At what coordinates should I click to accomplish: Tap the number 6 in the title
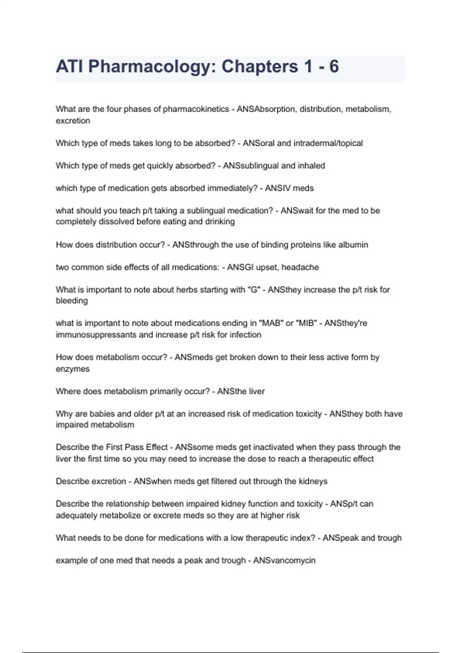coord(334,67)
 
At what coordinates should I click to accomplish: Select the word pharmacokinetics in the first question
coord(196,109)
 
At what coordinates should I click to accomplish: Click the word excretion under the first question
coord(73,121)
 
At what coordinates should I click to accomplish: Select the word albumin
coord(353,245)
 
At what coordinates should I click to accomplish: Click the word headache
coord(300,267)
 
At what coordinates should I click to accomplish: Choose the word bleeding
coord(72,301)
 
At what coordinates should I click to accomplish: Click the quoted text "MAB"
coord(271,323)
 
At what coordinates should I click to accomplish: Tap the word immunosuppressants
coord(96,335)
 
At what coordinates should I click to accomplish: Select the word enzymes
coord(73,369)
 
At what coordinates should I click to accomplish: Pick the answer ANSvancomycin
coord(284,560)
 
